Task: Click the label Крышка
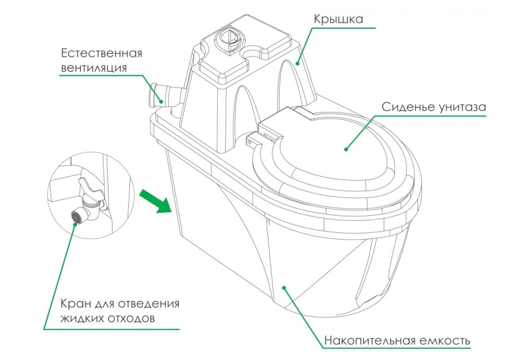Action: tap(338, 19)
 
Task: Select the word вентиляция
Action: tap(93, 68)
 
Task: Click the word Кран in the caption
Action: tap(75, 304)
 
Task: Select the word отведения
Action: tap(149, 304)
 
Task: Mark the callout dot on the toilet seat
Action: tap(346, 149)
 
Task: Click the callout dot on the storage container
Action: tap(285, 287)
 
